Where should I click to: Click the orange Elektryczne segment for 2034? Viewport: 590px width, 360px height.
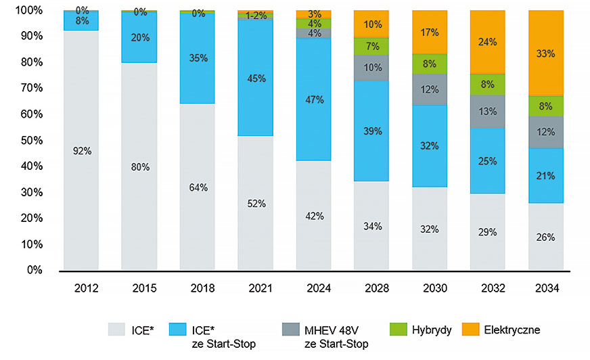click(546, 53)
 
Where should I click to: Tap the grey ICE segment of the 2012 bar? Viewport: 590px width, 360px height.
click(81, 150)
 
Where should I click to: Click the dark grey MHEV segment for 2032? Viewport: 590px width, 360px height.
click(488, 111)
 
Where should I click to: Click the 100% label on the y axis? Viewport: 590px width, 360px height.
click(27, 11)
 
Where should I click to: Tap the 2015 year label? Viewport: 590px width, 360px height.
click(139, 289)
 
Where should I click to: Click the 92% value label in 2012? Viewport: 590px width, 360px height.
click(81, 151)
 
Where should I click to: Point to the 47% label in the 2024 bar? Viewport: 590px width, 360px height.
click(315, 99)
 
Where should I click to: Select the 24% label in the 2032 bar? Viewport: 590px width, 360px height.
click(488, 42)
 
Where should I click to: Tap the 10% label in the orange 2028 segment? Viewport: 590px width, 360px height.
click(372, 24)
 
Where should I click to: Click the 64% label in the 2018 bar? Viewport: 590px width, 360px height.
click(197, 187)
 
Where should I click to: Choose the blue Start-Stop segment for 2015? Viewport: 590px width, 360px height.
click(139, 38)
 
